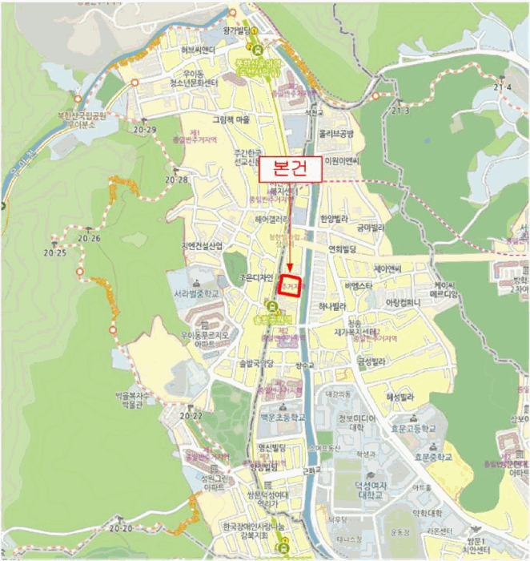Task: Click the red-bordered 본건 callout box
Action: coord(285,169)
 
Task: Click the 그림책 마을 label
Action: coord(231,119)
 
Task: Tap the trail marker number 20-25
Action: coord(56,252)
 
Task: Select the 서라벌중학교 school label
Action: coord(200,294)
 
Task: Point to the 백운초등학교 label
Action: coord(282,418)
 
